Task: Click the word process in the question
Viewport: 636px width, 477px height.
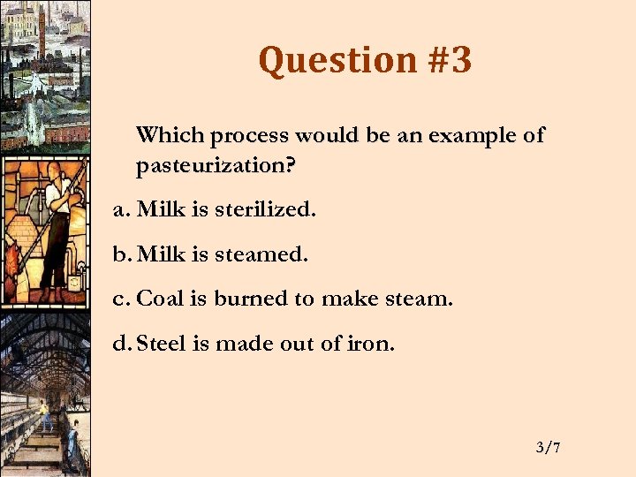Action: point(249,136)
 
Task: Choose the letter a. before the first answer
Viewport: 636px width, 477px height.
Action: point(122,210)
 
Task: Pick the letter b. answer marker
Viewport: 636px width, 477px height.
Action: point(122,254)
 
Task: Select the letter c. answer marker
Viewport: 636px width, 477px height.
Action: point(122,299)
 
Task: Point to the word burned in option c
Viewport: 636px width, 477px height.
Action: point(251,299)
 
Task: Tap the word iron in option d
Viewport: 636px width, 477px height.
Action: point(372,343)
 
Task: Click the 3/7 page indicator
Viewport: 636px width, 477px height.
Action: point(548,449)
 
